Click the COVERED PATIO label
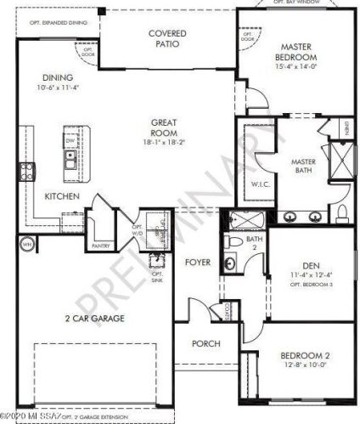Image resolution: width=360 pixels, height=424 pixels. (167, 38)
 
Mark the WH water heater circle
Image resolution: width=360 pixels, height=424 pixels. (26, 245)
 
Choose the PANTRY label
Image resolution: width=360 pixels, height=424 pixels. (101, 246)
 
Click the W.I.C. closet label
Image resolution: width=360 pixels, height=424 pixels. (260, 184)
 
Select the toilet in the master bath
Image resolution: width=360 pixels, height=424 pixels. (339, 212)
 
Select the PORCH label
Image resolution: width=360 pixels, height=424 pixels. (205, 344)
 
